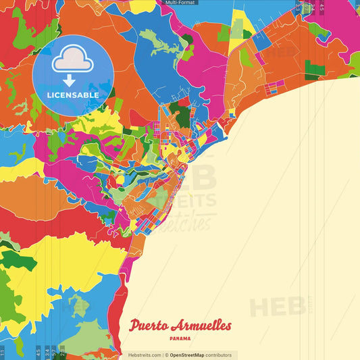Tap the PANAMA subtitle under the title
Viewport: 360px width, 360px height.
(x=180, y=338)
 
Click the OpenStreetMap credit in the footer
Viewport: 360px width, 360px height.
(x=187, y=355)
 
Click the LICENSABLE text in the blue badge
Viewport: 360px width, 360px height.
(x=73, y=95)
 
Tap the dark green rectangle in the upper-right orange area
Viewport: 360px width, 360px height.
(x=311, y=70)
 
